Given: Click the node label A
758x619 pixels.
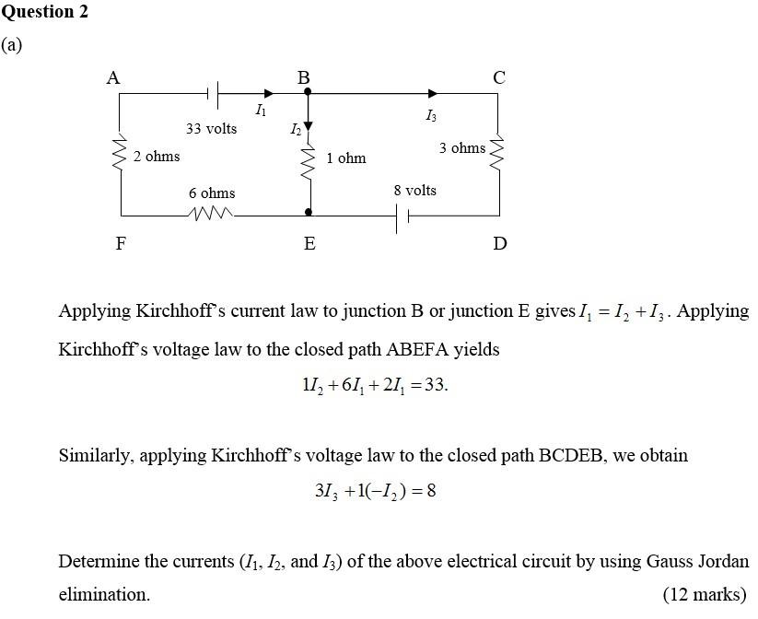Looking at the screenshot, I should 113,78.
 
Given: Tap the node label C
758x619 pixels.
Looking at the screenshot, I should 498,78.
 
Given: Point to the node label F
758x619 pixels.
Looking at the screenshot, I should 121,244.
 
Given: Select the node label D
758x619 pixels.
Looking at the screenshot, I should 499,244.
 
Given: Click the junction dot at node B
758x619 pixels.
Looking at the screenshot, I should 308,92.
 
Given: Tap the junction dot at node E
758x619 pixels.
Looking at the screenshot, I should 309,213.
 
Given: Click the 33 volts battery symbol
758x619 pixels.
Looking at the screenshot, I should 213,93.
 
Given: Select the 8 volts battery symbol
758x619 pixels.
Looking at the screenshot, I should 402,218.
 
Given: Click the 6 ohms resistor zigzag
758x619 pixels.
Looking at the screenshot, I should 212,214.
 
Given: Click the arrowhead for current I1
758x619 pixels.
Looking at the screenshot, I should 268,93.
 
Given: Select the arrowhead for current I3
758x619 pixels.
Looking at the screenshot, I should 433,93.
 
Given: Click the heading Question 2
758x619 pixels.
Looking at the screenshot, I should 45,12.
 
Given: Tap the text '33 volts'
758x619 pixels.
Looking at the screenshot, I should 211,129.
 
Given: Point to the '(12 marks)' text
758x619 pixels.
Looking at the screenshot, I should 705,594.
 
